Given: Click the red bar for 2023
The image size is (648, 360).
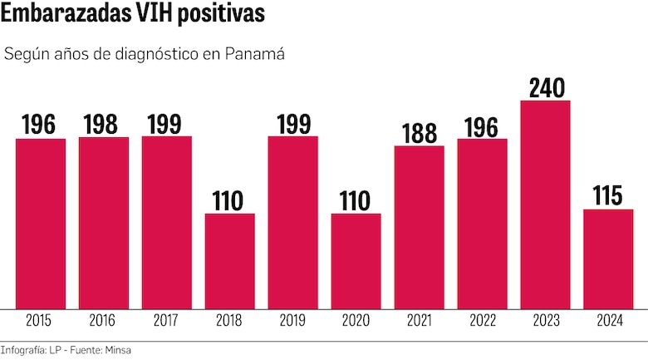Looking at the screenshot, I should coord(545,205).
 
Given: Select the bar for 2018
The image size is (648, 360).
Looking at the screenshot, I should coord(230,261).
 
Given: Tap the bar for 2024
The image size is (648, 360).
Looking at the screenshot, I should coord(608,259).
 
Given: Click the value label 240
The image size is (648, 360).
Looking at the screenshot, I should coord(545,87).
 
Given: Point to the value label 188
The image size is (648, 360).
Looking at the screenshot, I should coord(419,132).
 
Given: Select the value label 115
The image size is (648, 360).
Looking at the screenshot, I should coord(608,196).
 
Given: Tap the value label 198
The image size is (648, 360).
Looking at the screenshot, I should coord(104,125).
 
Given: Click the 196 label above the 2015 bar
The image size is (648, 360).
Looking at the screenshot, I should coord(40,125).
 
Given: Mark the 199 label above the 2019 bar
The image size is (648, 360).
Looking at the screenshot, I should coord(292,125).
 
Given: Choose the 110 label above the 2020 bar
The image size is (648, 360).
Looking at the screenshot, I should coord(356,200).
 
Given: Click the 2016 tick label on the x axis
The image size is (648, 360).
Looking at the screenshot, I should coord(104,320).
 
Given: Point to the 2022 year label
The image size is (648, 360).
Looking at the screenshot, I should coord(482,320).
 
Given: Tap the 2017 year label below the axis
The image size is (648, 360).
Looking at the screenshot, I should coord(166,320).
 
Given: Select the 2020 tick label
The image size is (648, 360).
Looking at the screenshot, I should coord(356,320).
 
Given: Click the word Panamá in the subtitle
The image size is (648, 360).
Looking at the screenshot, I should coord(256,55).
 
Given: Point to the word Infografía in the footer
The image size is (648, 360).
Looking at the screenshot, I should coord(23,350).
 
